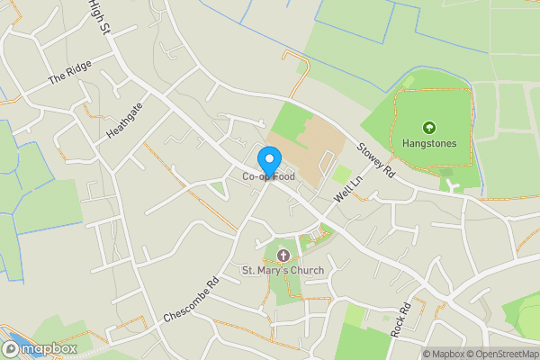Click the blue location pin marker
(x=268, y=160)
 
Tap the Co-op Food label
(x=268, y=177)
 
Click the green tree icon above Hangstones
(x=429, y=128)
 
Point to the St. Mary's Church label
(x=283, y=270)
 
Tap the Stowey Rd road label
(x=375, y=158)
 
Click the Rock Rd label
(x=400, y=319)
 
